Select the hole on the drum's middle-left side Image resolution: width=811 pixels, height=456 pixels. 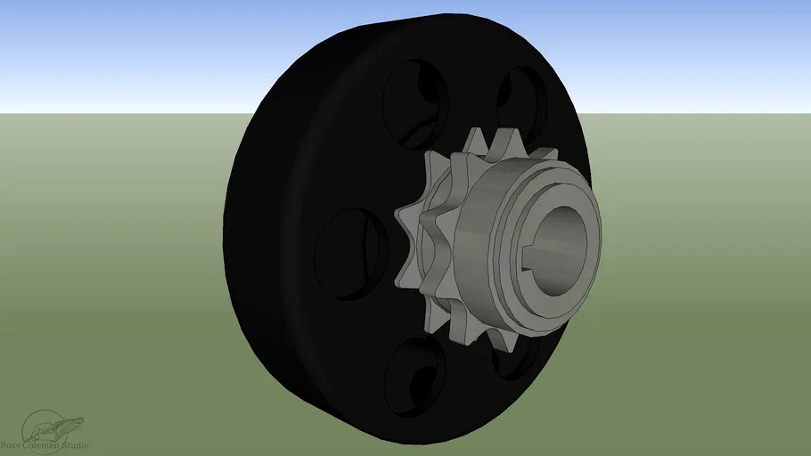point(351,253)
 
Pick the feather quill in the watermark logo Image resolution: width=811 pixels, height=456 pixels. point(67,423)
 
